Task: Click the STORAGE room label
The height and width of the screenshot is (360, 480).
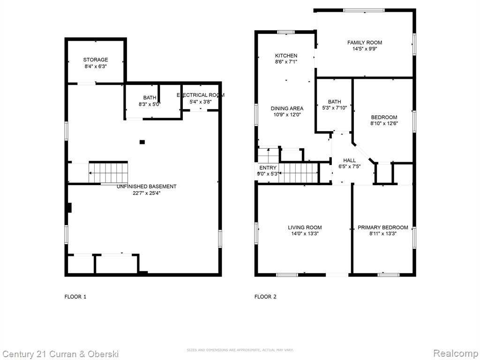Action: pyautogui.click(x=96, y=60)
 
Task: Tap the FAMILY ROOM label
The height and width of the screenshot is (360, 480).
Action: pyautogui.click(x=365, y=43)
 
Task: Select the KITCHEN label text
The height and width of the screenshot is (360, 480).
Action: pyautogui.click(x=286, y=56)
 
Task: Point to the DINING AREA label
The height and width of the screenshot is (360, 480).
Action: pyautogui.click(x=287, y=108)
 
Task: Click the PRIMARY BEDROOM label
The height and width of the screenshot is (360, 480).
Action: pyautogui.click(x=382, y=227)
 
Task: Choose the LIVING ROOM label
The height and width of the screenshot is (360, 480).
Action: pyautogui.click(x=305, y=227)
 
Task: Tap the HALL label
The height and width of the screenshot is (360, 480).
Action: pyautogui.click(x=349, y=160)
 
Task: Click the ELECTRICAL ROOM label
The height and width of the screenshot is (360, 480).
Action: pyautogui.click(x=201, y=95)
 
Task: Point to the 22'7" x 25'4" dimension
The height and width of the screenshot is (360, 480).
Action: pyautogui.click(x=146, y=193)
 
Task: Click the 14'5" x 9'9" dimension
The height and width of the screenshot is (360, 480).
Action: pyautogui.click(x=365, y=49)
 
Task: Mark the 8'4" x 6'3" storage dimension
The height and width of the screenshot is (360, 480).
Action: pyautogui.click(x=96, y=66)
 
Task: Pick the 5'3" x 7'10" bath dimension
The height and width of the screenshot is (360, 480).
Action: pyautogui.click(x=334, y=108)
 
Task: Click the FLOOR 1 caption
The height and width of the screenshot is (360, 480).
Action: pyautogui.click(x=75, y=297)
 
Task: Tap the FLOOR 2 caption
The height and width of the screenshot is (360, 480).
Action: pyautogui.click(x=265, y=297)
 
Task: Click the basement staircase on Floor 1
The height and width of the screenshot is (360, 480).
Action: pyautogui.click(x=108, y=173)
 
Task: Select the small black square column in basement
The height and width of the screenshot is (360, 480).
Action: pyautogui.click(x=142, y=142)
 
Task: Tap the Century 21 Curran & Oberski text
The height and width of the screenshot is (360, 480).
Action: pyautogui.click(x=60, y=354)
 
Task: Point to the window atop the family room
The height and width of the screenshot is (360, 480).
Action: pyautogui.click(x=364, y=10)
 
